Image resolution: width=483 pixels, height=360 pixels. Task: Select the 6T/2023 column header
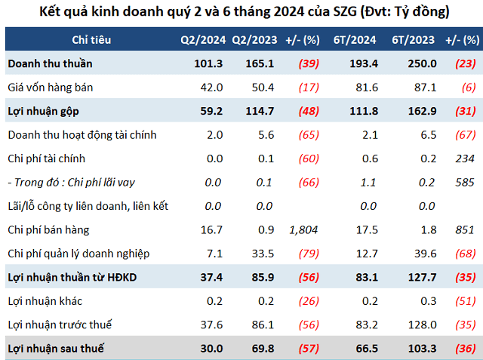coord(414,39)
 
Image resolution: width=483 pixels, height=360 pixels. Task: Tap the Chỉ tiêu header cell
coord(88,39)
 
